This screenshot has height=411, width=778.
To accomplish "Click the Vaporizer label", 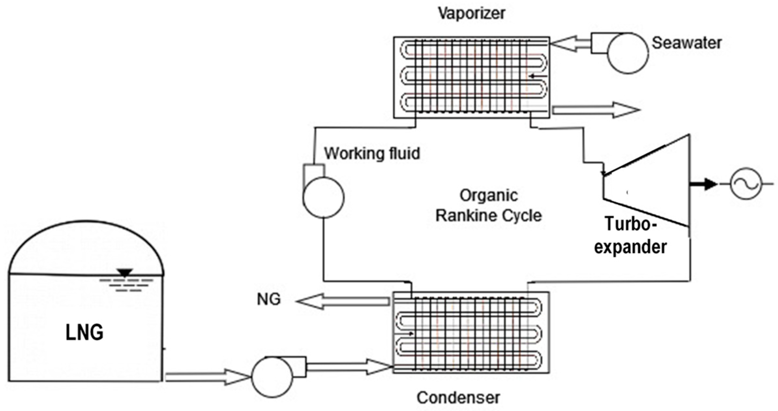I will coord(471,13).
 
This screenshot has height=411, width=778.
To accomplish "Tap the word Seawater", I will coord(686,43).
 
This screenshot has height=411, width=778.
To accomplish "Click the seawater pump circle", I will coord(628,53).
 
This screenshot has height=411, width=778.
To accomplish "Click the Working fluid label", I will coord(372,153).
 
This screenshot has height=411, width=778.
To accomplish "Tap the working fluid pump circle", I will coord(323,197).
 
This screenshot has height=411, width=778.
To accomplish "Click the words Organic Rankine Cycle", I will coord(488,206).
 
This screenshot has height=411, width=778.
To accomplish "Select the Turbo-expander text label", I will coord(630,236).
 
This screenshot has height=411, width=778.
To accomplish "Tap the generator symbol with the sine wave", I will coord(746,184).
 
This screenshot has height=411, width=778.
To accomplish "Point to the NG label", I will coord(268,299).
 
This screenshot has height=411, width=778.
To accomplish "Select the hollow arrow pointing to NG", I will coord(342,301).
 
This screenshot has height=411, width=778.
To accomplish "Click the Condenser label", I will coord(458,398).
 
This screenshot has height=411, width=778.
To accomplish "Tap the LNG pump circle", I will coord(272,377).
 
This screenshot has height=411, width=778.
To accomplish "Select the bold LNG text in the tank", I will coord(84,333).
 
